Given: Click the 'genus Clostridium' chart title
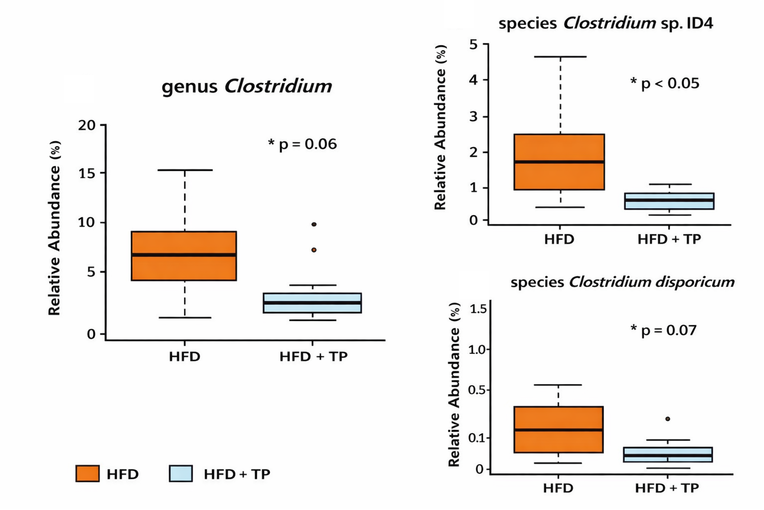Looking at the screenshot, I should (247, 87).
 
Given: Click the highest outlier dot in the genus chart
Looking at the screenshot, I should (314, 225).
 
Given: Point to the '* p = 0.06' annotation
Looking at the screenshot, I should (303, 144).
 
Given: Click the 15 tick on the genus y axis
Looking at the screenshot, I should (87, 173).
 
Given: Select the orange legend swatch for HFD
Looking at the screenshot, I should (87, 473).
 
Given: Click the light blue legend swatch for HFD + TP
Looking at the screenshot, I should (181, 473).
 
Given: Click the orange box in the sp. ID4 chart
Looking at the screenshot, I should (559, 176).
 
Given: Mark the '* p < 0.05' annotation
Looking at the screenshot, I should (665, 84).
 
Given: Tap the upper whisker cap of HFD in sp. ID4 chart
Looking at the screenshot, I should (560, 57).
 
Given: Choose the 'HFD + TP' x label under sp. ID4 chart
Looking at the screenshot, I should (669, 239).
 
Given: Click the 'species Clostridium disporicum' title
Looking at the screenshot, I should (622, 282).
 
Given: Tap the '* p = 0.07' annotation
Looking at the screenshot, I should (663, 331).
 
